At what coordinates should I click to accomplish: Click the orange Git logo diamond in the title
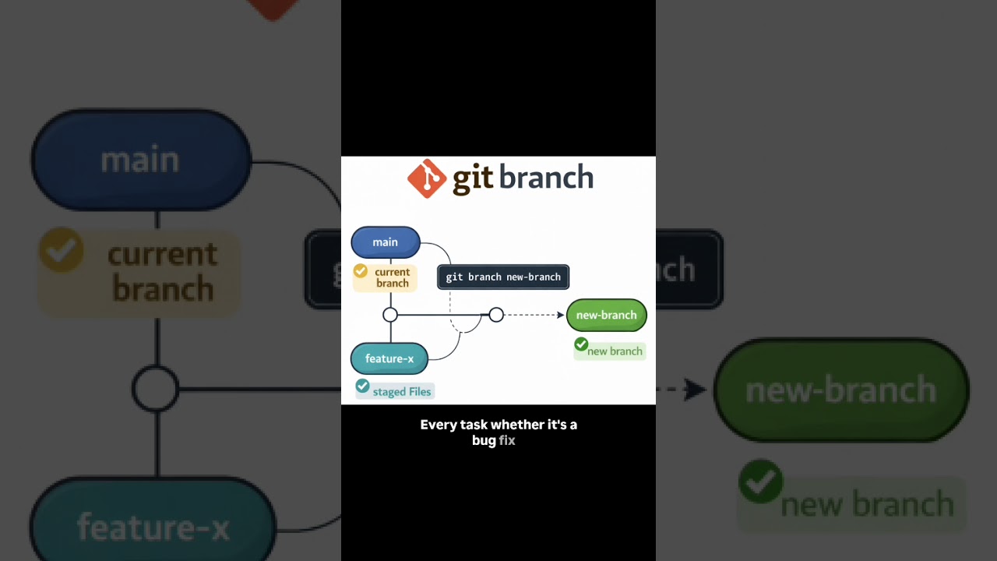click(427, 178)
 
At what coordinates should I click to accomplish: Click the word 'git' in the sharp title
click(472, 178)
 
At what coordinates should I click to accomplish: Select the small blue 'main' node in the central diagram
click(386, 242)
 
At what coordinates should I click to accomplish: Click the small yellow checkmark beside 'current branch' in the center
click(361, 271)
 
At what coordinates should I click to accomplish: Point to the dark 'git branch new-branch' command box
click(503, 277)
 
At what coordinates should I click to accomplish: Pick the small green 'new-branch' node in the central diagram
click(607, 315)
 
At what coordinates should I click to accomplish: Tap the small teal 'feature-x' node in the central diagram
click(389, 358)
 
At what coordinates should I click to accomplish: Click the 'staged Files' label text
click(402, 392)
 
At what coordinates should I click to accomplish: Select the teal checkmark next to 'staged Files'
click(362, 386)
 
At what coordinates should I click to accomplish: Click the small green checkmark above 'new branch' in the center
click(581, 344)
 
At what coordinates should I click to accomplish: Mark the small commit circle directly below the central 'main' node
click(390, 315)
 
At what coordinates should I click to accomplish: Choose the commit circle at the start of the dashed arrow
click(496, 315)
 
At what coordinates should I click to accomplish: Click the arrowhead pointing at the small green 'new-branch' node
click(560, 315)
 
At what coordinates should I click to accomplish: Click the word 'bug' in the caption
click(484, 440)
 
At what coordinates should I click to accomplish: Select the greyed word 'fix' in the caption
click(507, 440)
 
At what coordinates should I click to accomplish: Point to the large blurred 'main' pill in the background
click(141, 160)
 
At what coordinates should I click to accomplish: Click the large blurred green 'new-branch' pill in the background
click(841, 390)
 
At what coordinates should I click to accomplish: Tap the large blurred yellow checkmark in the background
click(62, 250)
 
